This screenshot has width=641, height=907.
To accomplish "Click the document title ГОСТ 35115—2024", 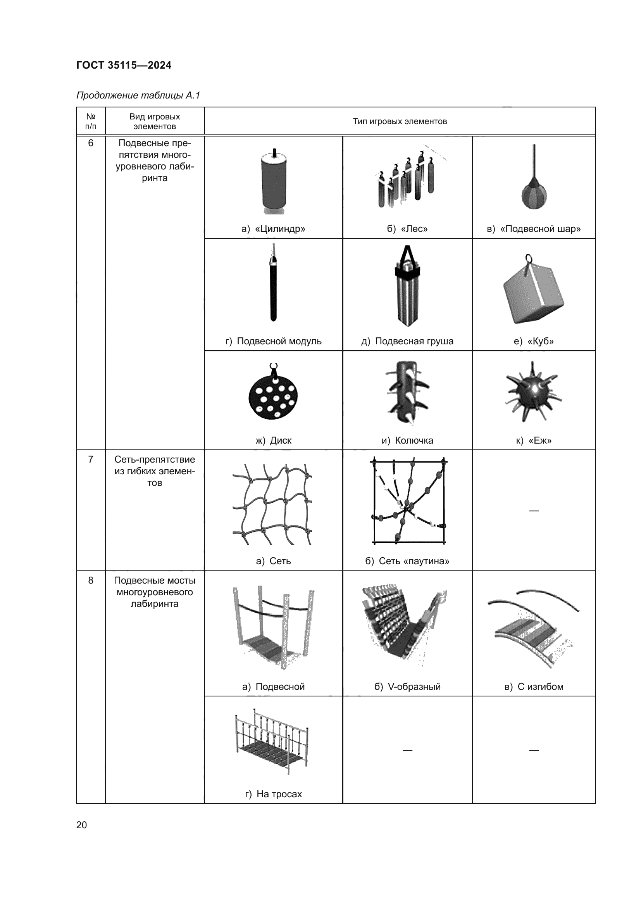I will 124,65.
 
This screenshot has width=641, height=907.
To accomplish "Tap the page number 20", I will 82,825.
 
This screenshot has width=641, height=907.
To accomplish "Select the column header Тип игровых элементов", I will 400,121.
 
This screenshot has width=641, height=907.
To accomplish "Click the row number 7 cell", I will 91,460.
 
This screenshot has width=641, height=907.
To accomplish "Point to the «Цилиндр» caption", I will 273,229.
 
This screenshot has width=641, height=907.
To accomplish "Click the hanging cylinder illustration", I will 274,182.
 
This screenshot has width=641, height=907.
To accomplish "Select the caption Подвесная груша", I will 407,341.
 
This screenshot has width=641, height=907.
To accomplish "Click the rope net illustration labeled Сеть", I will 273,504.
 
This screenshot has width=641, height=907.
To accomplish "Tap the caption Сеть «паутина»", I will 407,561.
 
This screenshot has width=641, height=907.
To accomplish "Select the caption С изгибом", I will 534,687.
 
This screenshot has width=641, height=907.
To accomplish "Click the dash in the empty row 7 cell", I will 534,511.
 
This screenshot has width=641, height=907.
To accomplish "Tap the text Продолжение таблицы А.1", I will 138,95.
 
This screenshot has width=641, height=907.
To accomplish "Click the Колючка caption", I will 407,441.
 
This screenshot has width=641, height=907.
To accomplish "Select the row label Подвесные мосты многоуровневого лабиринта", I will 154,592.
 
